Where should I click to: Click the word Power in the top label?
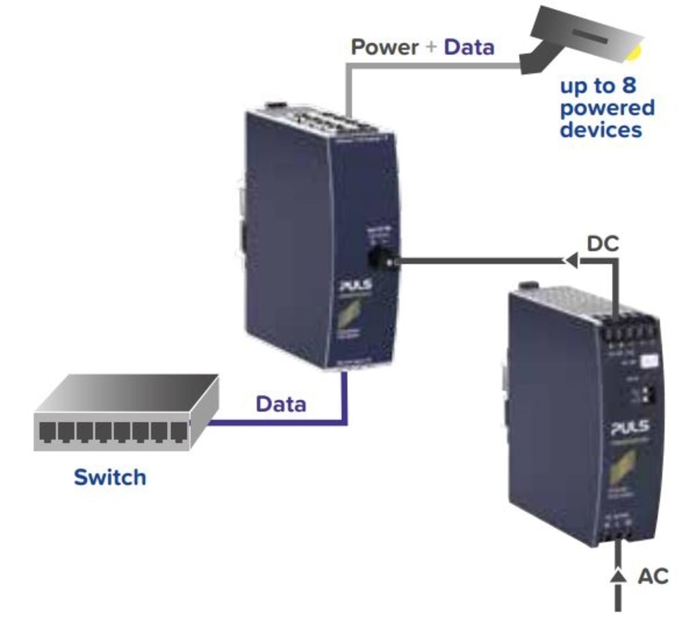pyautogui.click(x=384, y=47)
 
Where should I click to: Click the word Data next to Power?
pyautogui.click(x=469, y=47)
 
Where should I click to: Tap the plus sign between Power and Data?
pyautogui.click(x=431, y=47)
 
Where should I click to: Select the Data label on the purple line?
pyautogui.click(x=281, y=405)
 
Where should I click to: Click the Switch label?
pyautogui.click(x=110, y=477)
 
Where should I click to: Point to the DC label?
pyautogui.click(x=603, y=244)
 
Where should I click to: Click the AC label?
pyautogui.click(x=653, y=576)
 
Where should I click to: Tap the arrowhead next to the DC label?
pyautogui.click(x=571, y=261)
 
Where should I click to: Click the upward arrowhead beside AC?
pyautogui.click(x=618, y=575)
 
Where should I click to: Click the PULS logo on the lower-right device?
pyautogui.click(x=630, y=428)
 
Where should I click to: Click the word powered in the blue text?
pyautogui.click(x=607, y=108)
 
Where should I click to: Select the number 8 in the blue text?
pyautogui.click(x=629, y=85)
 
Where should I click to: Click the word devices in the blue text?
pyautogui.click(x=600, y=130)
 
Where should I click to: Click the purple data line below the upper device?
pyautogui.click(x=344, y=400)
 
